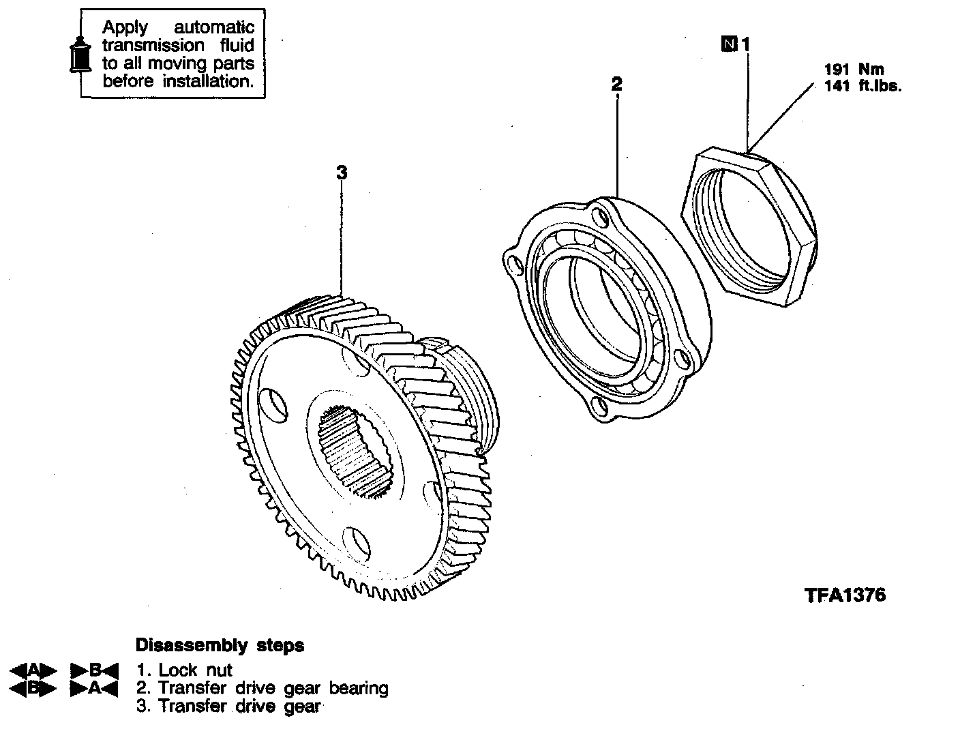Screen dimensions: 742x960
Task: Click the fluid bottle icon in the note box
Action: coord(80,53)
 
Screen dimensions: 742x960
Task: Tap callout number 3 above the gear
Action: coord(342,173)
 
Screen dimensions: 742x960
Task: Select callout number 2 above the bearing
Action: coord(616,85)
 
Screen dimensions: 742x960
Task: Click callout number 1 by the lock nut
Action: coord(745,44)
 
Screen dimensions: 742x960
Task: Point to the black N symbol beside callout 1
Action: coord(730,45)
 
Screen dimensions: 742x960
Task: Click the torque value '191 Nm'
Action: coord(854,70)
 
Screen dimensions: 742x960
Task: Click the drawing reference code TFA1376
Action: coord(845,595)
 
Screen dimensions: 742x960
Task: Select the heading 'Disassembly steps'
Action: coord(220,645)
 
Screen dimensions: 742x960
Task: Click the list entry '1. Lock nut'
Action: coord(184,670)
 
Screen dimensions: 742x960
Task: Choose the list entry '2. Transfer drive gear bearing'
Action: coord(262,688)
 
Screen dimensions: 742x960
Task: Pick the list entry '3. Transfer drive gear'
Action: coord(228,706)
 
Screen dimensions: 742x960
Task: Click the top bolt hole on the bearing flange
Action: coord(600,218)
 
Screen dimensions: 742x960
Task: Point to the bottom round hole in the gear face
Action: coord(357,542)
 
